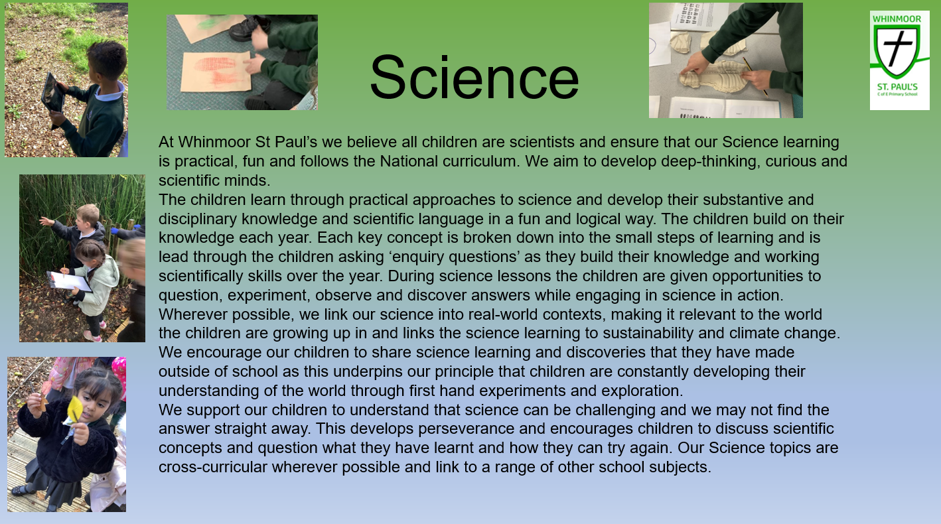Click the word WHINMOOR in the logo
coord(897,19)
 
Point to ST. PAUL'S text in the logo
coord(897,87)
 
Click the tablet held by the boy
coord(52,92)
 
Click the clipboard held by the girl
coord(69,281)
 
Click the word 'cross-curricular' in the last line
coord(213,468)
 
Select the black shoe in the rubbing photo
coord(250,28)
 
